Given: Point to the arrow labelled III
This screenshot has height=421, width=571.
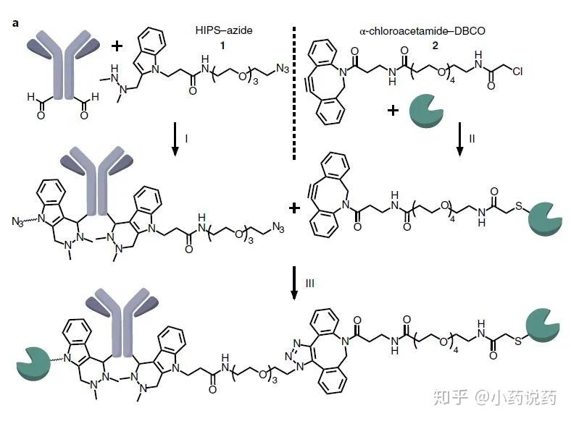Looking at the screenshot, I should pos(293,284).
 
